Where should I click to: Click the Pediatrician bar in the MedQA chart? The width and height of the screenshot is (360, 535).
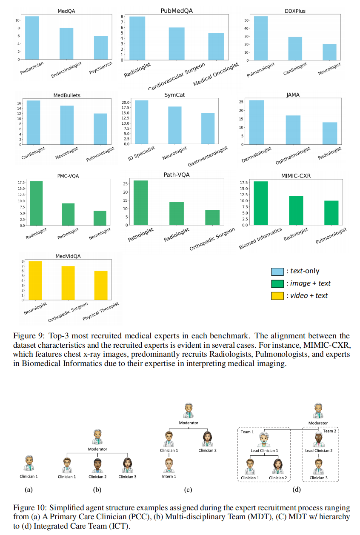coord(32,38)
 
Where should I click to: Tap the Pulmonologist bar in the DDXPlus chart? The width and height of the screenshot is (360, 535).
coord(261,38)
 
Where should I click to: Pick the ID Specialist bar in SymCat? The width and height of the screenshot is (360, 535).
coord(141,122)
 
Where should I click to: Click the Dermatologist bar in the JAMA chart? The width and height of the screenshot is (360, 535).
coord(257,122)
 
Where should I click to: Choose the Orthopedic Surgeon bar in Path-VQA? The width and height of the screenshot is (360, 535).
coord(213,217)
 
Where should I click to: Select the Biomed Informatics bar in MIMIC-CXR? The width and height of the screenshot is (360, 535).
coord(261,203)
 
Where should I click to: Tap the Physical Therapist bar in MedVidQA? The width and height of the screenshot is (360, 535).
coord(101,285)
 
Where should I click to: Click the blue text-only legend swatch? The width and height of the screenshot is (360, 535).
coord(277,271)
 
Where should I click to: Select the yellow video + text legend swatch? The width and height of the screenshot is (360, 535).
coord(277,295)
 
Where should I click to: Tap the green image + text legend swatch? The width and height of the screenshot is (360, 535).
coord(277,283)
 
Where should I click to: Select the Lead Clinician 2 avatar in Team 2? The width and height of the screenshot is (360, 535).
coord(319,439)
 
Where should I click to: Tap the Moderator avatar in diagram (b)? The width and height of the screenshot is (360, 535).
coord(97,438)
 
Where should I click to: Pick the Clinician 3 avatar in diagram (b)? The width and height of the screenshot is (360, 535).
coord(126,465)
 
